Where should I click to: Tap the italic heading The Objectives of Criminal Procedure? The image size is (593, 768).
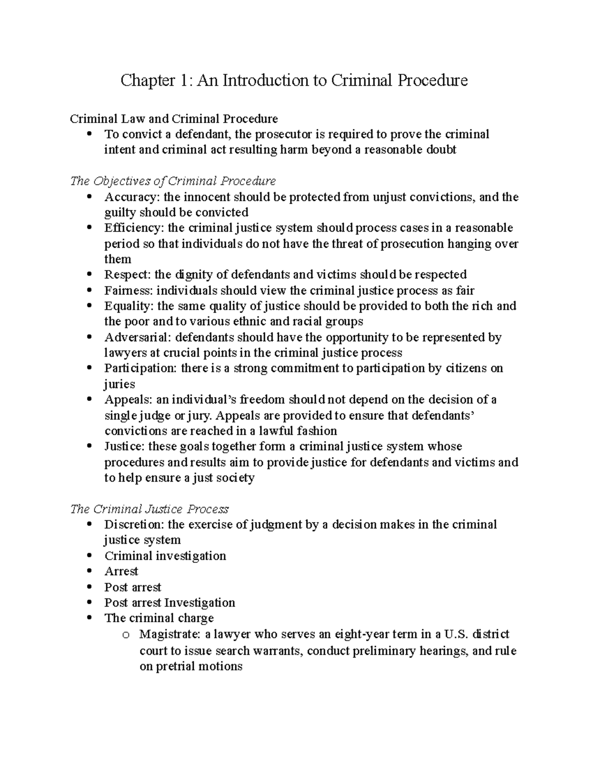pyautogui.click(x=173, y=181)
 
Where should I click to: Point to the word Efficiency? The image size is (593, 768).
pyautogui.click(x=134, y=228)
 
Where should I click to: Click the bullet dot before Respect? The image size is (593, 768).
pyautogui.click(x=89, y=274)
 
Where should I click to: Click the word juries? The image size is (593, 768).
pyautogui.click(x=119, y=384)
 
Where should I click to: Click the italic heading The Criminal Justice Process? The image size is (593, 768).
pyautogui.click(x=149, y=509)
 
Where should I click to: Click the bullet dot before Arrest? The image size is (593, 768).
pyautogui.click(x=89, y=571)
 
